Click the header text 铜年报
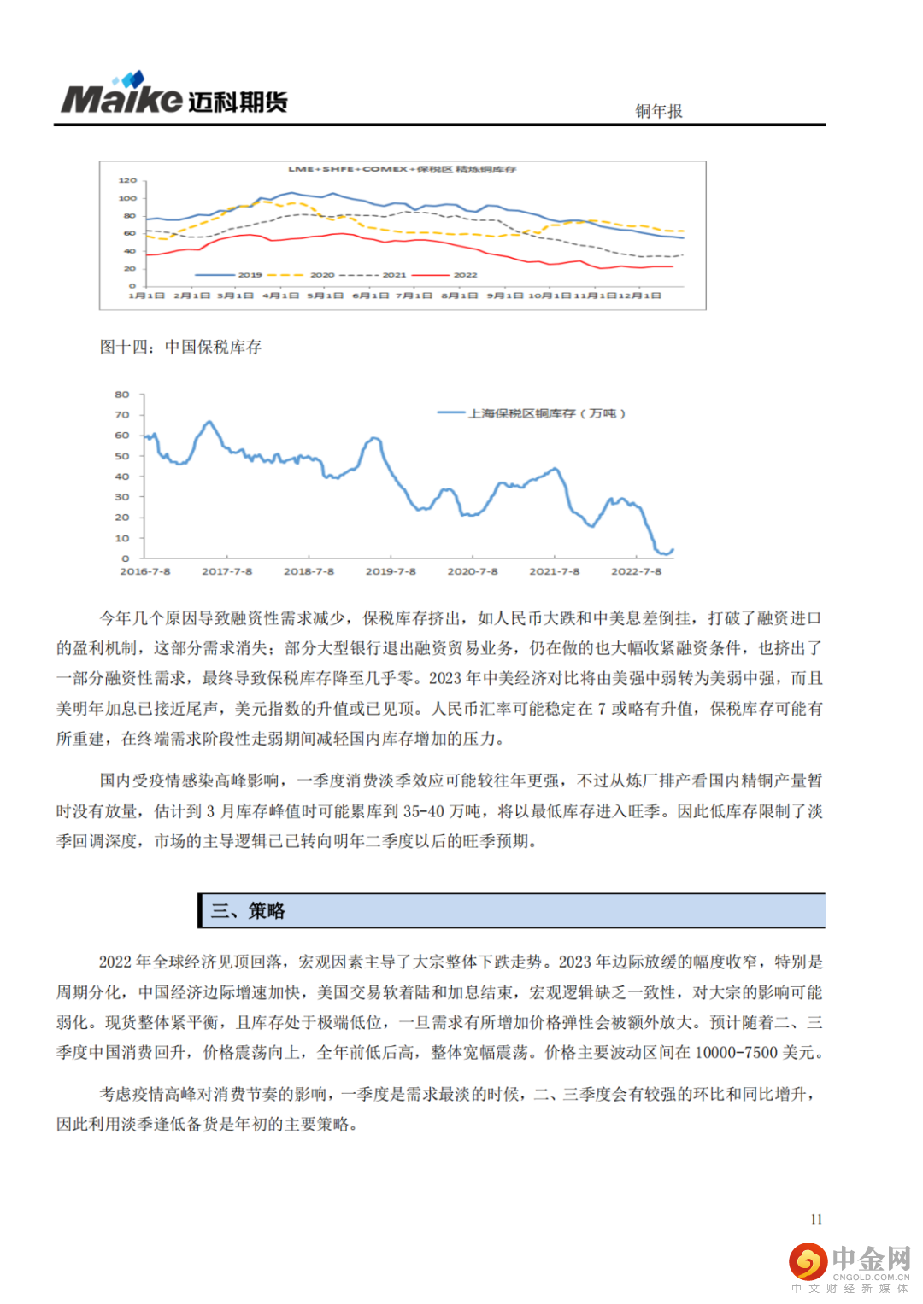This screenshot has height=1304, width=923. pyautogui.click(x=658, y=111)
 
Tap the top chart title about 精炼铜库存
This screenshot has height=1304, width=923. pyautogui.click(x=402, y=169)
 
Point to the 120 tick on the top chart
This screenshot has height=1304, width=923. pyautogui.click(x=127, y=181)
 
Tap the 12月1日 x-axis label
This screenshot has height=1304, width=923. pyautogui.click(x=640, y=295)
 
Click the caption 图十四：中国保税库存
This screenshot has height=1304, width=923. pyautogui.click(x=180, y=347)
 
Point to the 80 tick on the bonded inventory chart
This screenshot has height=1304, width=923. pyautogui.click(x=122, y=395)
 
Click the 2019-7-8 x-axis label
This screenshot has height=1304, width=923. pyautogui.click(x=391, y=571)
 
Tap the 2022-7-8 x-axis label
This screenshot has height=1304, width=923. pyautogui.click(x=636, y=571)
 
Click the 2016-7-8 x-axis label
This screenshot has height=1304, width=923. pyautogui.click(x=145, y=571)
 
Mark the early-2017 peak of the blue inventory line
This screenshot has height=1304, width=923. pyautogui.click(x=208, y=422)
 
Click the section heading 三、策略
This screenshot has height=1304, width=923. pyautogui.click(x=248, y=911)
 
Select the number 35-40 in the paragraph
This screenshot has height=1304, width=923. pyautogui.click(x=424, y=811)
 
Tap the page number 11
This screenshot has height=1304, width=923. pyautogui.click(x=816, y=1219)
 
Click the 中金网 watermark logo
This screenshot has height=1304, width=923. pyautogui.click(x=850, y=1265)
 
